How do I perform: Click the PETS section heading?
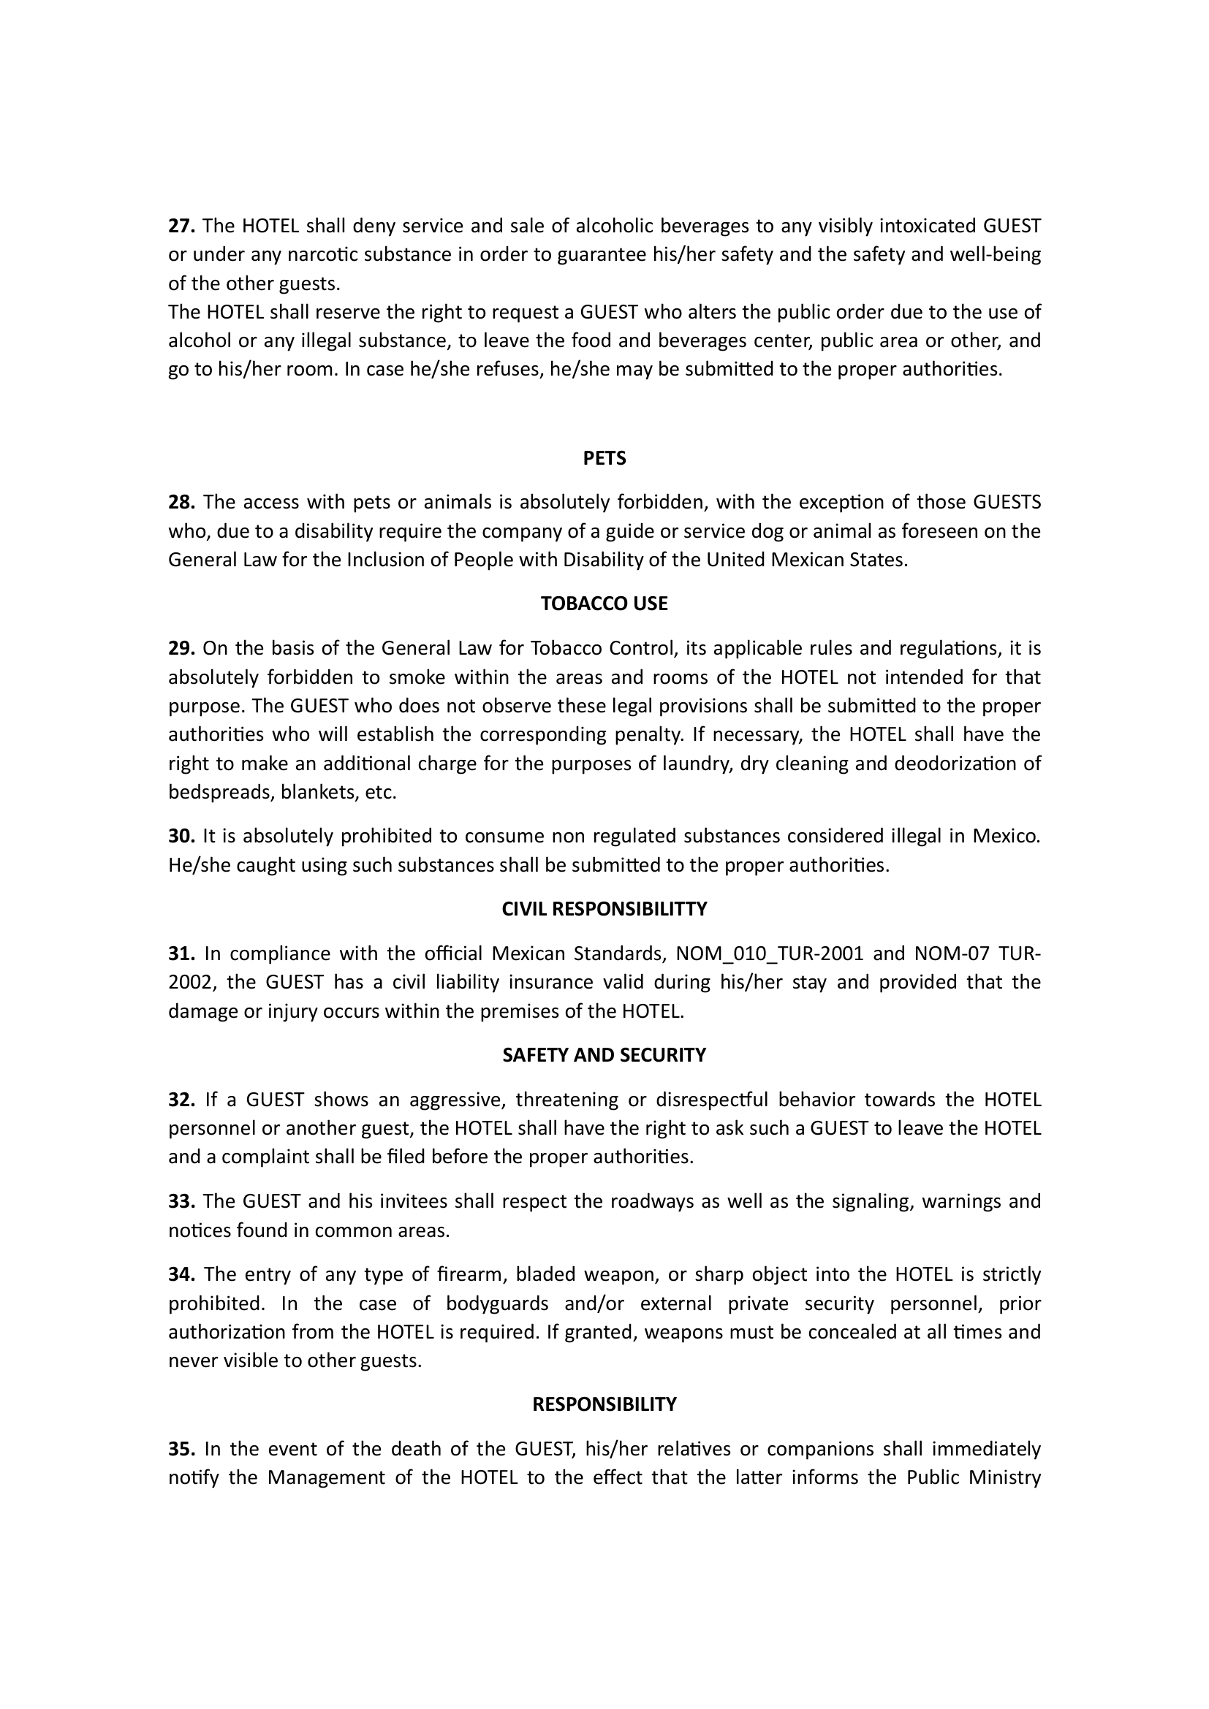(604, 459)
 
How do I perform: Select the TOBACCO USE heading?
(604, 604)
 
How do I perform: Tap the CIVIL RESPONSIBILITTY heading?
(604, 909)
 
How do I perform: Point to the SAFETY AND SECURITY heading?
(604, 1055)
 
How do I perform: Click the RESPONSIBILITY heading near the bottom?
(604, 1404)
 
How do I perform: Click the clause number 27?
(182, 226)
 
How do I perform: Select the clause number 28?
(182, 503)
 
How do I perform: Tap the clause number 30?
(182, 836)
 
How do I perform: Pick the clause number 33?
(182, 1201)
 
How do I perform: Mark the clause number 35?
(182, 1449)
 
